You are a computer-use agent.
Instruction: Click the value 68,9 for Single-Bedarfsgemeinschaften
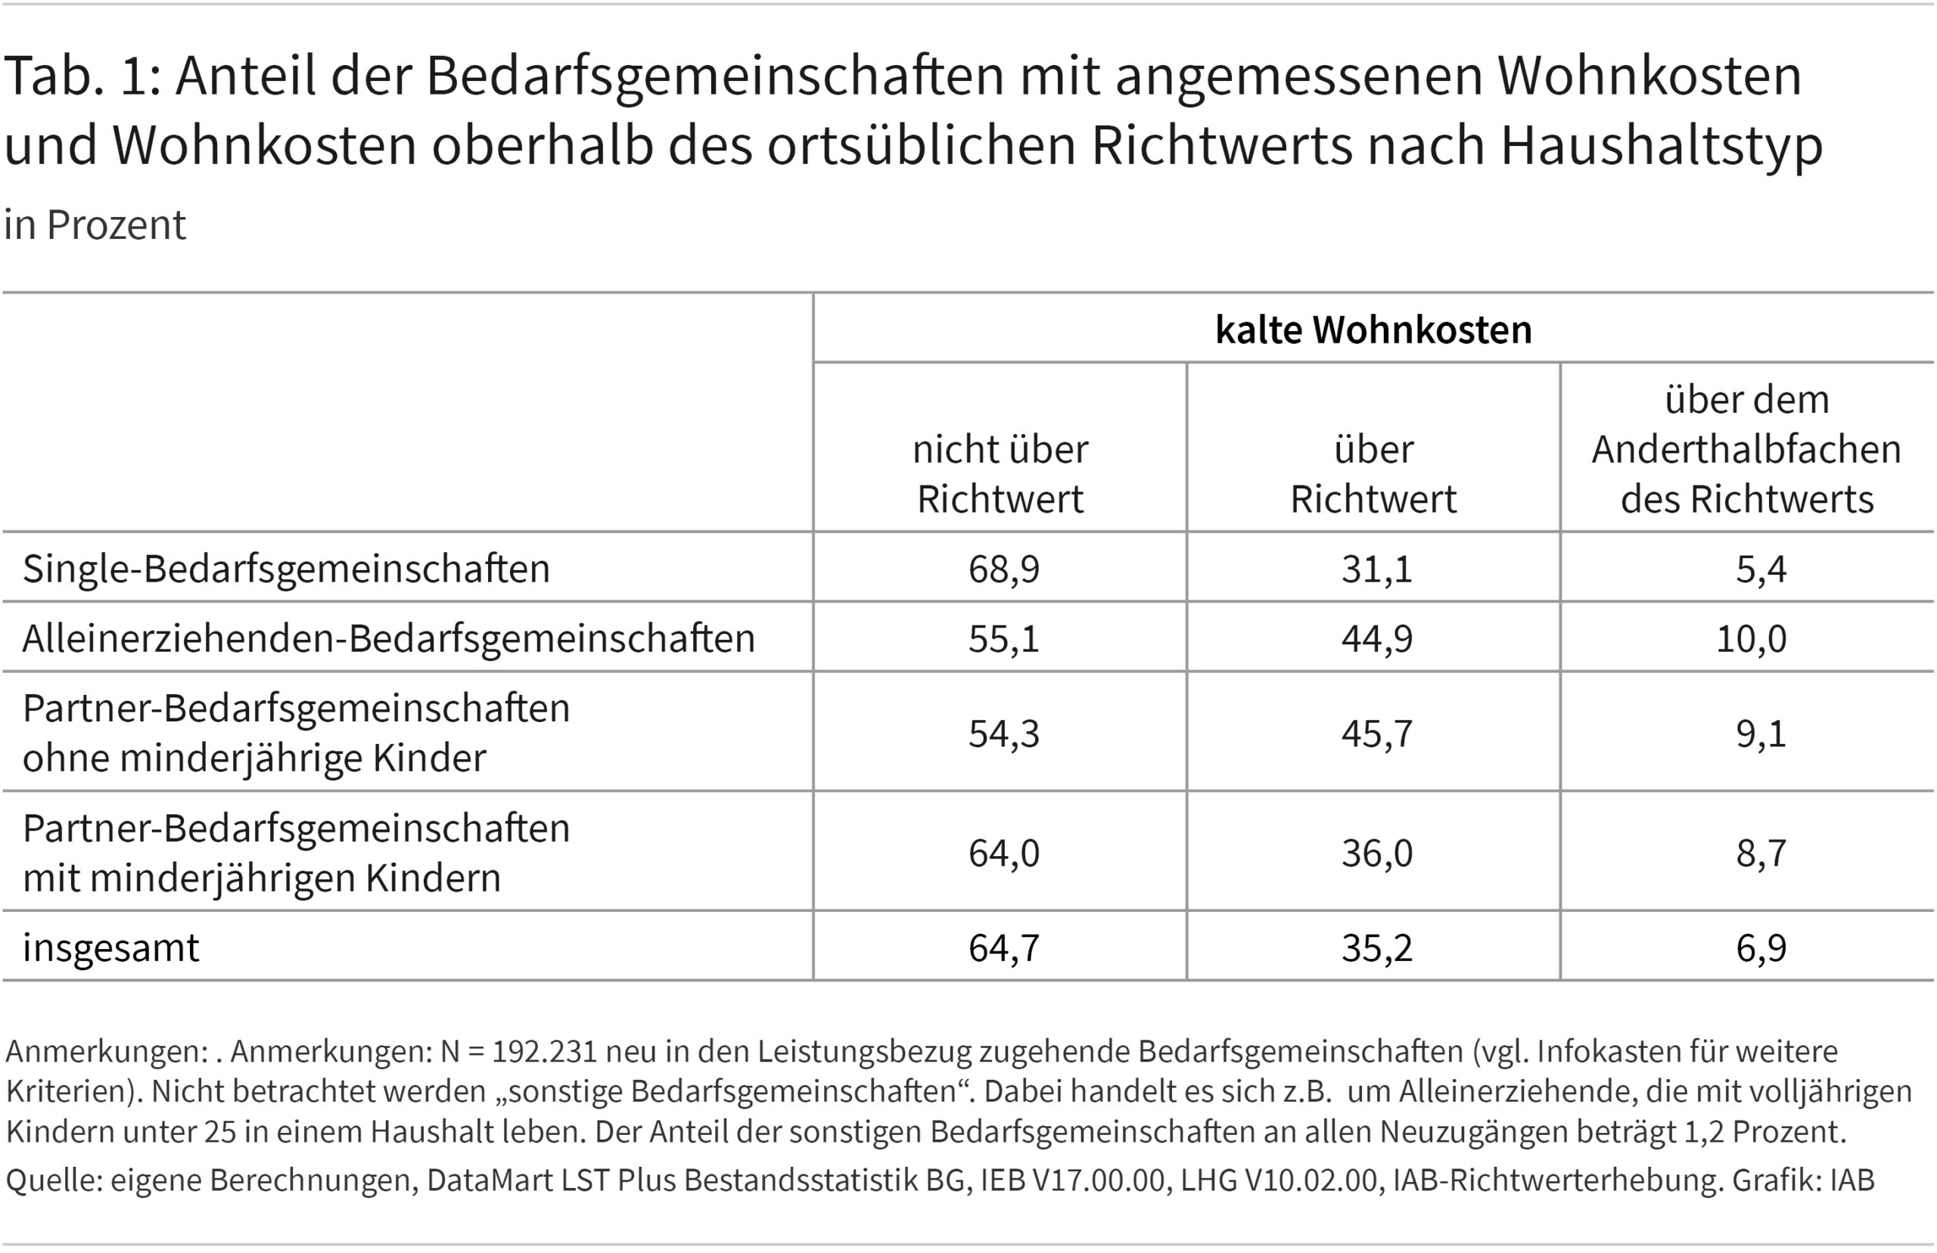[1003, 568]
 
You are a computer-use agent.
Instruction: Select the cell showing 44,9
[1376, 638]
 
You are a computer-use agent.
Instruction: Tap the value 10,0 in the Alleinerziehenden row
[1751, 638]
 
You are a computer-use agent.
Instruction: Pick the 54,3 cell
[1003, 733]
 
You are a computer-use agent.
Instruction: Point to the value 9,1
[1761, 733]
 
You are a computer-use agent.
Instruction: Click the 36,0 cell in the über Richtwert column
[1376, 853]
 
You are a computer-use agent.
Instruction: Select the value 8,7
[1761, 853]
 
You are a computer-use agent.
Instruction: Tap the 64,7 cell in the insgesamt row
[1003, 947]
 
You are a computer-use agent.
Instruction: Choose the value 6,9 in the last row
[1761, 947]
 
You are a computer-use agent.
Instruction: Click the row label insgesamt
[110, 947]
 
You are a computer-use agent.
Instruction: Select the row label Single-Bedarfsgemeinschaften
[286, 568]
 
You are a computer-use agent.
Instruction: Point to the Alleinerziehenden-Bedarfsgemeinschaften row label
[388, 638]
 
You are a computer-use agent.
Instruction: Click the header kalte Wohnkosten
[1373, 330]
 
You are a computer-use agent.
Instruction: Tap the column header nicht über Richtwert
[1000, 473]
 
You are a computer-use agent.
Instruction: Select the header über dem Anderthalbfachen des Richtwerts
[1746, 449]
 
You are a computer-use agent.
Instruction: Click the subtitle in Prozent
[95, 225]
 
